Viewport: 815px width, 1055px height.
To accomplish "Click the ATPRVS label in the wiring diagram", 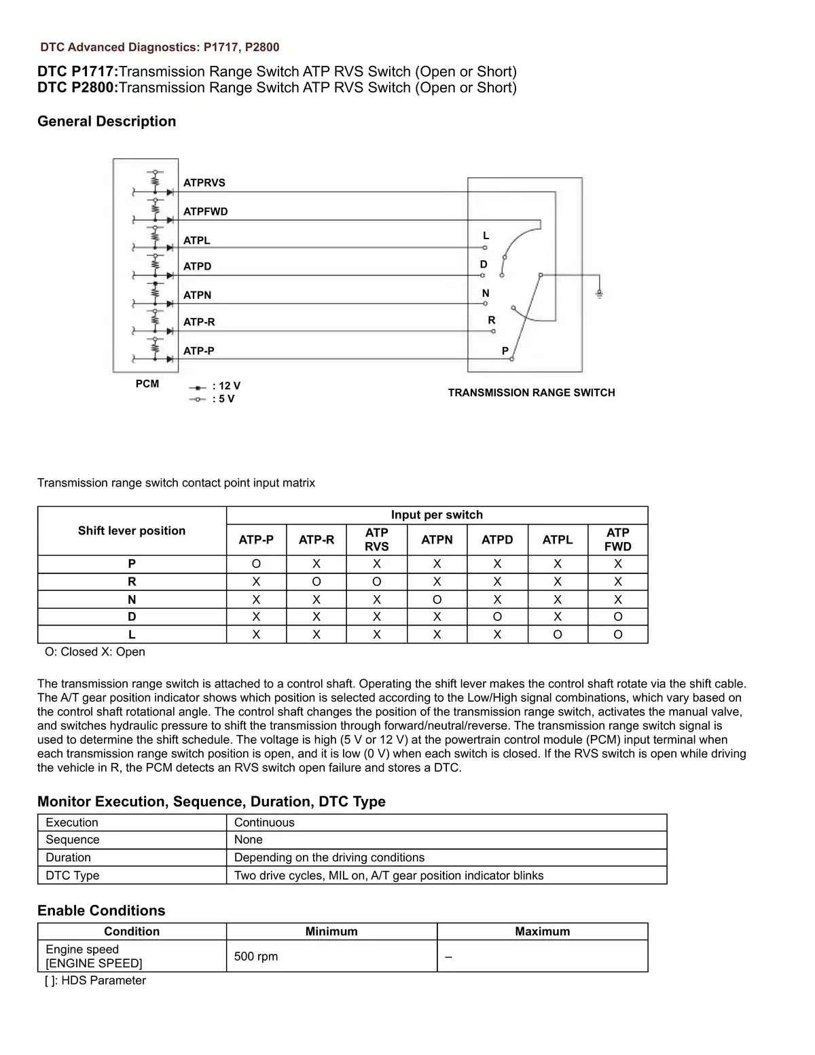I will pos(204,183).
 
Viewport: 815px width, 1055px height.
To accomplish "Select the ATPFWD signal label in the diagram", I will pos(205,211).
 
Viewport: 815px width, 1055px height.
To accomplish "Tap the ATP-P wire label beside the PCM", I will pos(198,351).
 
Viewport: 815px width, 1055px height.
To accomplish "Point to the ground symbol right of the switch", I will pos(599,293).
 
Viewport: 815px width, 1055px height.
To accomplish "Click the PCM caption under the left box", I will pos(147,384).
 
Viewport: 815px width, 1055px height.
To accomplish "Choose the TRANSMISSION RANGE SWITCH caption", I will pos(531,393).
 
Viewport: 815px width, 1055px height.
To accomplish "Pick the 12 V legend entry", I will pos(225,386).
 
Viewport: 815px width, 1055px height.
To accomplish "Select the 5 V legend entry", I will pos(223,399).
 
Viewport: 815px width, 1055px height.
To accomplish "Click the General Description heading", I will pos(107,122).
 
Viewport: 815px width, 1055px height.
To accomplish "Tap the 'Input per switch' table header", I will pos(437,515).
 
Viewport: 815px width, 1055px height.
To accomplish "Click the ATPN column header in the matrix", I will pos(437,539).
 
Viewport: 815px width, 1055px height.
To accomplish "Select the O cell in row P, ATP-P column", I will pos(256,564).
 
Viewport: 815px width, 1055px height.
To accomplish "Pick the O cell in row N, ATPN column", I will pos(437,600).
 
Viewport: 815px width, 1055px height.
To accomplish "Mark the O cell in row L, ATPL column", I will pos(558,634).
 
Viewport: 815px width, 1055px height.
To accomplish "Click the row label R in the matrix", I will pos(132,582).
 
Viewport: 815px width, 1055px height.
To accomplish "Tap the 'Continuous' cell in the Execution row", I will pos(264,823).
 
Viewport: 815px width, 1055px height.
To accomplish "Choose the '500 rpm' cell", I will pos(256,956).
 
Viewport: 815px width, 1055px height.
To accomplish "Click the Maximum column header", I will pos(542,931).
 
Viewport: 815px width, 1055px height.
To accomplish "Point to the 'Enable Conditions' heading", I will pos(101,911).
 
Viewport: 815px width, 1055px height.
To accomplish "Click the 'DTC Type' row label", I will pos(72,876).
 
